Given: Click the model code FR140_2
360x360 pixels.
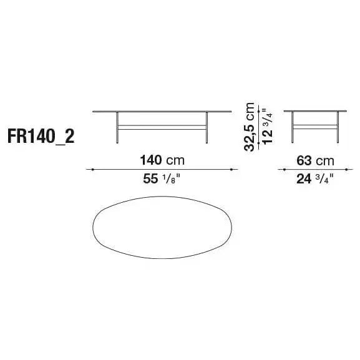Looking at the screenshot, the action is tap(41, 137).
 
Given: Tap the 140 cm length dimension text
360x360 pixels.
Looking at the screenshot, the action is tap(162, 160).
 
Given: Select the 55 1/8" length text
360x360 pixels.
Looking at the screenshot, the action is tap(162, 178).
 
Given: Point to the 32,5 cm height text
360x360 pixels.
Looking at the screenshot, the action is tap(250, 127).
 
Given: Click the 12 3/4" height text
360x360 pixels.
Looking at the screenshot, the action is tap(268, 126).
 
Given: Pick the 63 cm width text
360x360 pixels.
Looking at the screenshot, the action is tap(315, 160).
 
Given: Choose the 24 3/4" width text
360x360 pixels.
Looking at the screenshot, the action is tap(315, 179).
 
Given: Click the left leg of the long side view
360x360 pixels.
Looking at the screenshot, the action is tap(117, 128).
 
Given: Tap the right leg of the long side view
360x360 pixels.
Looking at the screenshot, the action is tap(207, 128).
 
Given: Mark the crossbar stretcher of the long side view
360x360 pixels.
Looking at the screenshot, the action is tap(162, 127).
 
